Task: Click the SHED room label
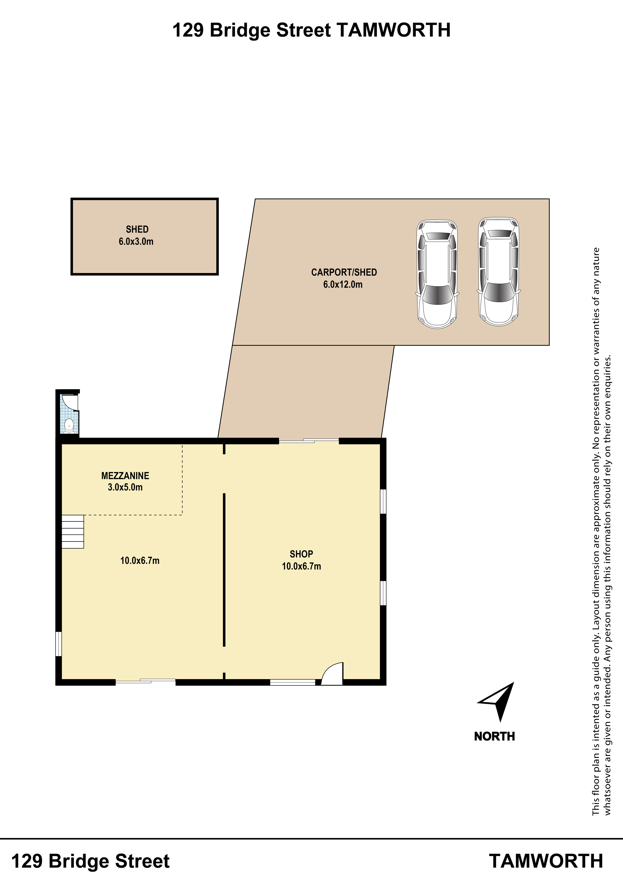click(x=137, y=229)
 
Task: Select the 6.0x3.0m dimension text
click(x=136, y=242)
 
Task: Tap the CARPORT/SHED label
click(x=344, y=272)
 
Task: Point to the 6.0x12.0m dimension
click(x=343, y=285)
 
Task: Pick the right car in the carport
click(x=498, y=272)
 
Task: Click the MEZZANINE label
click(x=125, y=476)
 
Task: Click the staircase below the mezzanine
click(x=73, y=532)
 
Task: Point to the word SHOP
click(x=301, y=554)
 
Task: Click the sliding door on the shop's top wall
click(x=309, y=441)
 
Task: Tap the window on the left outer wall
click(x=58, y=644)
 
